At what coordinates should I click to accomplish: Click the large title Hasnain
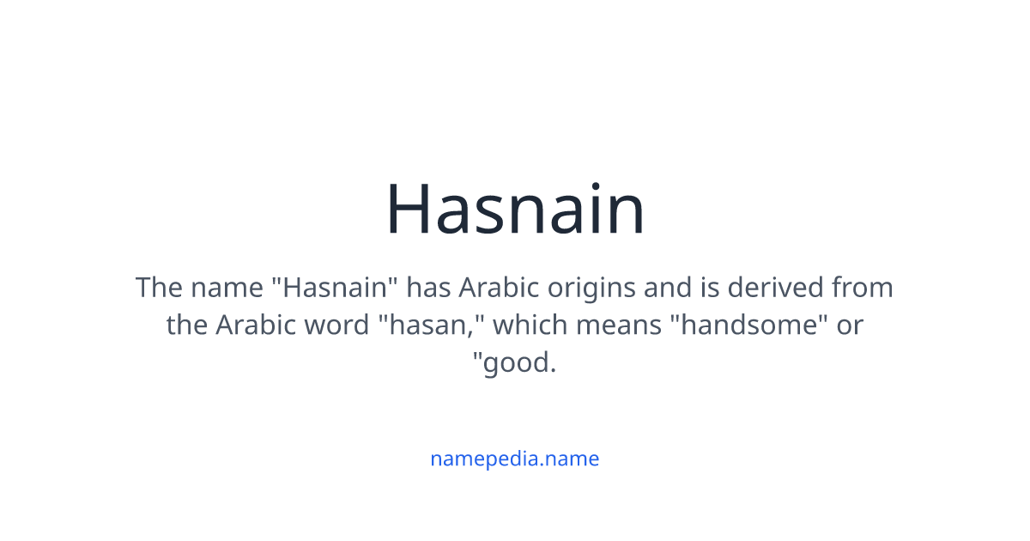pos(515,209)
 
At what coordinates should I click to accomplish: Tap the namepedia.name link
pos(514,459)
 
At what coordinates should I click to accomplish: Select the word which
pos(529,325)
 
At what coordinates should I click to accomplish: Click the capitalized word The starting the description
pos(159,287)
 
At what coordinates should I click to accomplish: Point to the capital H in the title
pos(409,209)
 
